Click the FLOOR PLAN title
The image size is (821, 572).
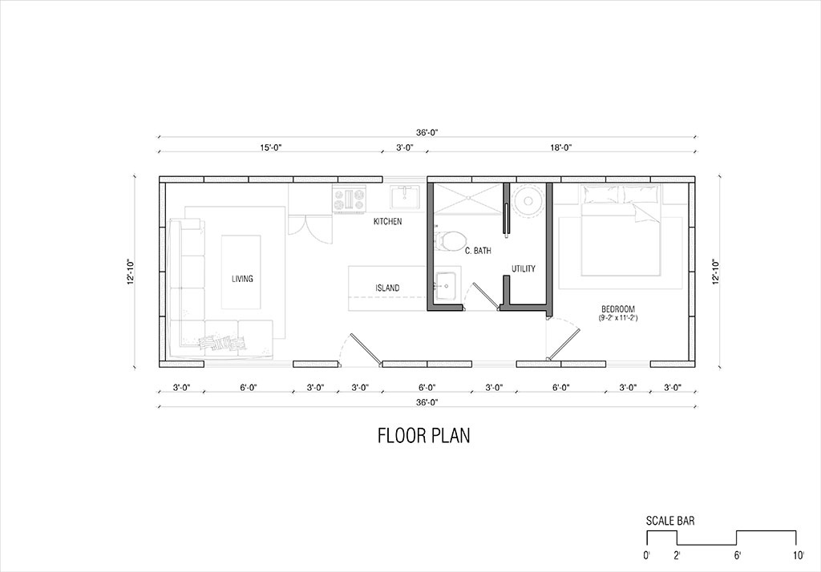pyautogui.click(x=423, y=436)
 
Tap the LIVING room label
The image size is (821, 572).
pyautogui.click(x=242, y=279)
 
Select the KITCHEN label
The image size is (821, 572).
pyautogui.click(x=387, y=221)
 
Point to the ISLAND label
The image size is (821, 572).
pyautogui.click(x=387, y=288)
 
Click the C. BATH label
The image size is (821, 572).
pyautogui.click(x=478, y=251)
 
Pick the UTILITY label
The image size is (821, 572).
pyautogui.click(x=524, y=268)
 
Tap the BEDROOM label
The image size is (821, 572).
pyautogui.click(x=618, y=309)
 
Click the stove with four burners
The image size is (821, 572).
pyautogui.click(x=350, y=200)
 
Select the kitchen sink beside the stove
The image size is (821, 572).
pyautogui.click(x=404, y=197)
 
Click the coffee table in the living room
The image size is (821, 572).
pyautogui.click(x=241, y=272)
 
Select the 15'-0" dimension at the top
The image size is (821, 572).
pyautogui.click(x=271, y=147)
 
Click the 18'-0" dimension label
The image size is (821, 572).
pyautogui.click(x=560, y=147)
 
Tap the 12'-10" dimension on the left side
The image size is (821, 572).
pyautogui.click(x=131, y=272)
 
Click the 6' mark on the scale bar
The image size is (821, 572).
pyautogui.click(x=738, y=555)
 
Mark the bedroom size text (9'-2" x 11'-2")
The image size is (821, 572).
pyautogui.click(x=618, y=318)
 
